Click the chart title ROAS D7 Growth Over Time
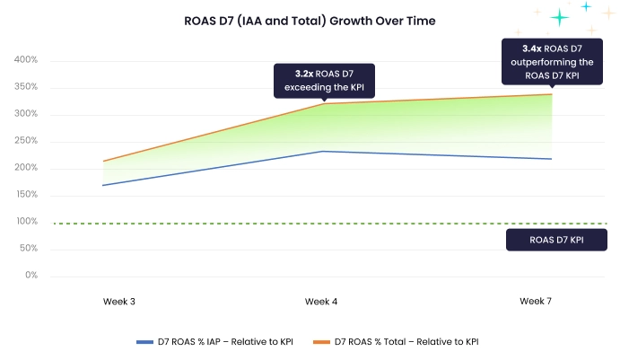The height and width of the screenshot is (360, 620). (x=309, y=21)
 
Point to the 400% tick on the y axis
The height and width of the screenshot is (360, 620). (x=25, y=60)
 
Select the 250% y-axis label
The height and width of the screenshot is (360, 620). (x=25, y=141)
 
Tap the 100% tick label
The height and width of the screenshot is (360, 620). (x=25, y=222)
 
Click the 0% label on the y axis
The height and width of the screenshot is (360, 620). (x=31, y=276)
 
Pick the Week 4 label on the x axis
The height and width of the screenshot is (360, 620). (x=321, y=302)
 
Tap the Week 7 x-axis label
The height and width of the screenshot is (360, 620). (x=536, y=302)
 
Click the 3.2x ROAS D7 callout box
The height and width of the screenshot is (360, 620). (x=324, y=80)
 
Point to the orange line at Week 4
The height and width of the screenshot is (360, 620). (x=323, y=104)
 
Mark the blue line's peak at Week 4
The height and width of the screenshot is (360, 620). (x=323, y=151)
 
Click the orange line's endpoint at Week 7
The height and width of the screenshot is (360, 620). (x=551, y=94)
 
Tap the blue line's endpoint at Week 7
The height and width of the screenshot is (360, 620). (x=551, y=159)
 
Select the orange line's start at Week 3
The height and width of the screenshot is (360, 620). (x=104, y=162)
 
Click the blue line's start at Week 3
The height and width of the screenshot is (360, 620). (x=104, y=185)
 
